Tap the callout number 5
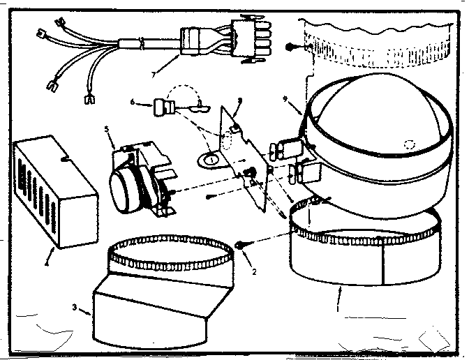tap(107, 129)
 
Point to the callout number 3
tap(75, 307)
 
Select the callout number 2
tap(255, 271)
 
